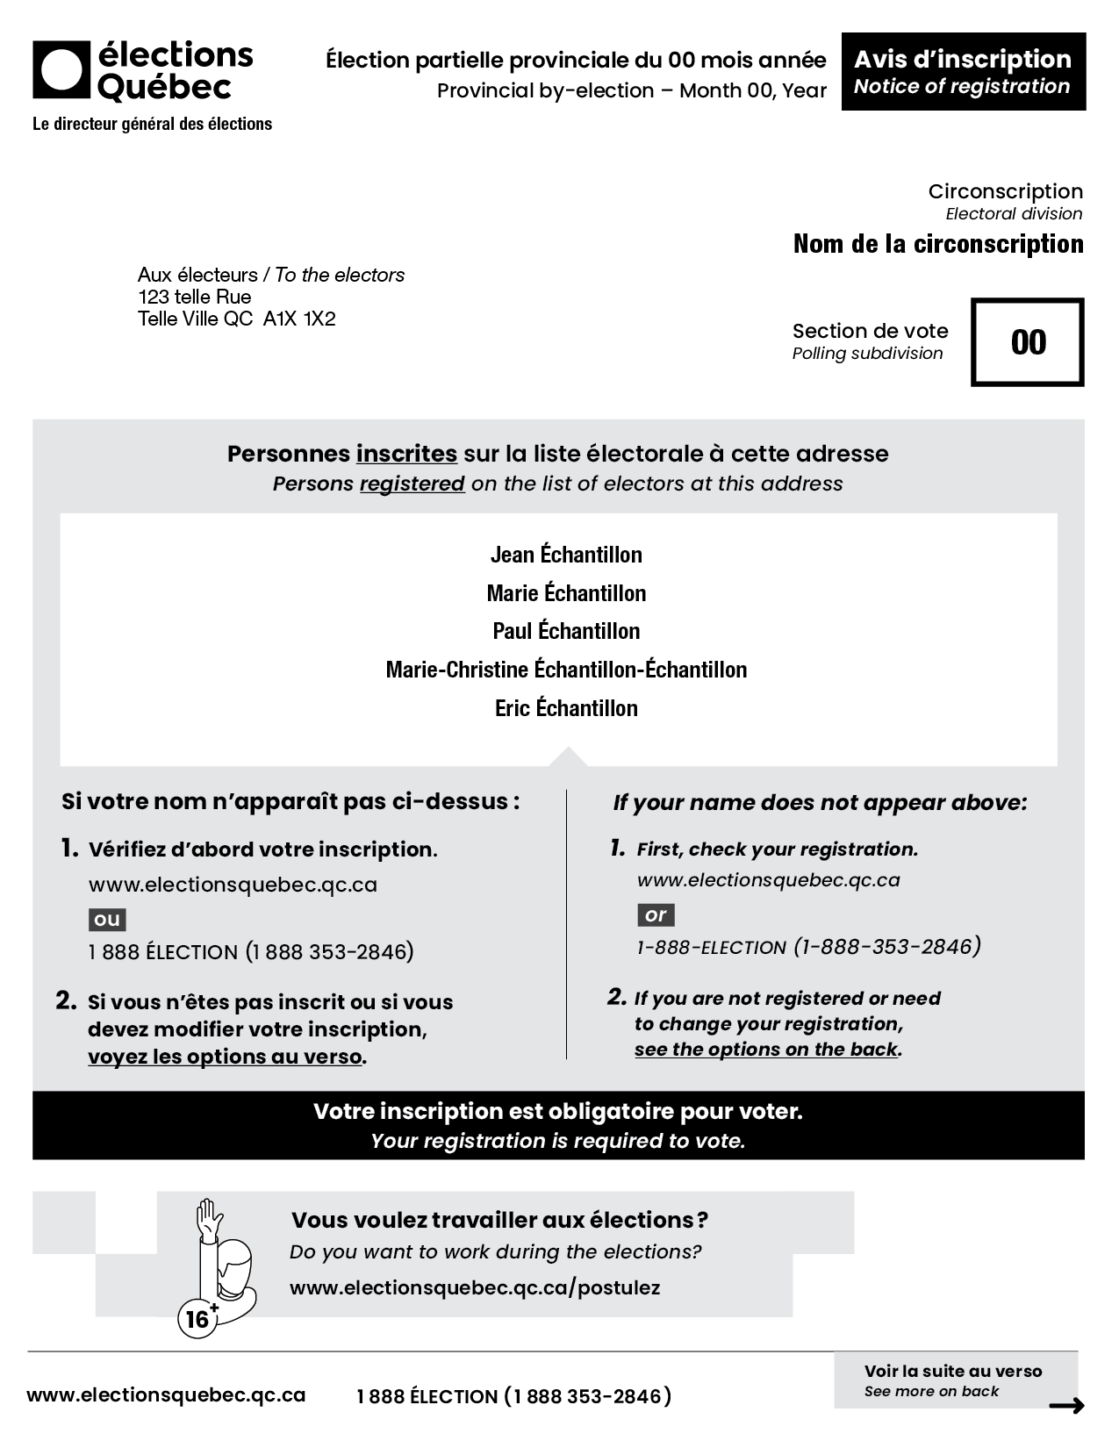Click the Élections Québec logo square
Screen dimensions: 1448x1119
61,69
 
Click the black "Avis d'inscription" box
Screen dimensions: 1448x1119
963,72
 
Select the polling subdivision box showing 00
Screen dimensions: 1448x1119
1028,342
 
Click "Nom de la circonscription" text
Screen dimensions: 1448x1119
938,244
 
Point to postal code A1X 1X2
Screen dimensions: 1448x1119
299,319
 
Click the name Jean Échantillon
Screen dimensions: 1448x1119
566,555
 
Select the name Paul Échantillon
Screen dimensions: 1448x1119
566,631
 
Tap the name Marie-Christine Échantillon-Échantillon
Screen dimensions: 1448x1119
566,670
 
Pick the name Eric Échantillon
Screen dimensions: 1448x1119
566,708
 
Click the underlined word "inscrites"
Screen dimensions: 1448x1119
406,454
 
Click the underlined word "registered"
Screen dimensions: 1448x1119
412,484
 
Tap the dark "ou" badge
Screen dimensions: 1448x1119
107,920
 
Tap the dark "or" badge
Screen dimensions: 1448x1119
656,915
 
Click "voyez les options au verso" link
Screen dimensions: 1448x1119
225,1057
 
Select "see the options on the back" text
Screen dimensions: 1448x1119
766,1050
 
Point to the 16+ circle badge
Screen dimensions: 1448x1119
197,1319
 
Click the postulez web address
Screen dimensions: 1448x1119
475,1288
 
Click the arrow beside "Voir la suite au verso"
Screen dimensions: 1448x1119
1066,1406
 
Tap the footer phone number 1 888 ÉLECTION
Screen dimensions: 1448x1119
513,1396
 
